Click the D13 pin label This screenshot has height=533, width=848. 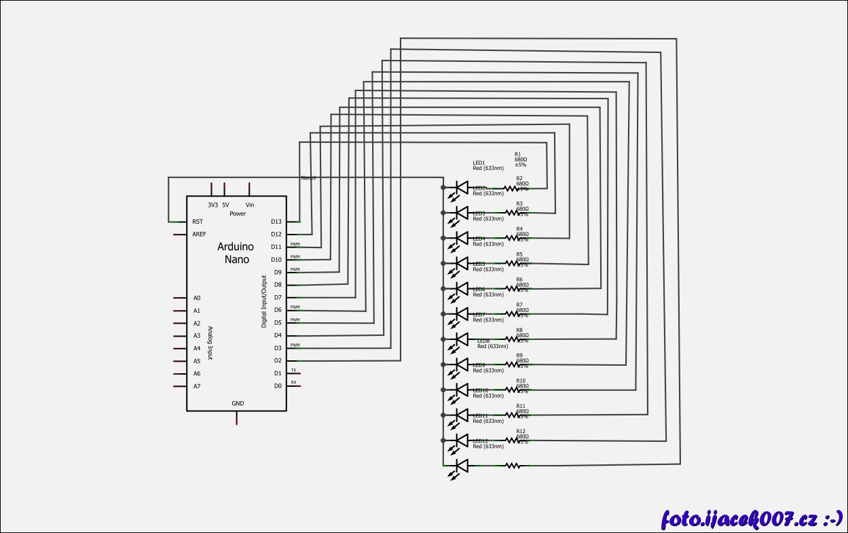(x=276, y=222)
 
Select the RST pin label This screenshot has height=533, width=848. (x=198, y=222)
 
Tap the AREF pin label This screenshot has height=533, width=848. (x=199, y=235)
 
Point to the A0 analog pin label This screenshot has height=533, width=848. (x=197, y=298)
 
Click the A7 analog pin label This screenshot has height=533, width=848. (x=197, y=386)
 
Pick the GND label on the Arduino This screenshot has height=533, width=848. (x=238, y=403)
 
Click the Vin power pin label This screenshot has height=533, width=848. (x=250, y=205)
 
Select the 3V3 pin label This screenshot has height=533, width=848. (x=213, y=205)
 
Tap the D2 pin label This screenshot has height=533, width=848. (x=278, y=360)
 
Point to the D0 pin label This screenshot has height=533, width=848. (x=278, y=386)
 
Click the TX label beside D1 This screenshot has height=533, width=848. (x=293, y=370)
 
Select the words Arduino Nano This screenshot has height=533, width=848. (x=236, y=253)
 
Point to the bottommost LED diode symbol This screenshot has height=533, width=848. (x=462, y=466)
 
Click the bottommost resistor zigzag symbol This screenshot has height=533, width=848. (x=514, y=466)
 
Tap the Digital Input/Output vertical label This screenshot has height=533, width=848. (x=264, y=301)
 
